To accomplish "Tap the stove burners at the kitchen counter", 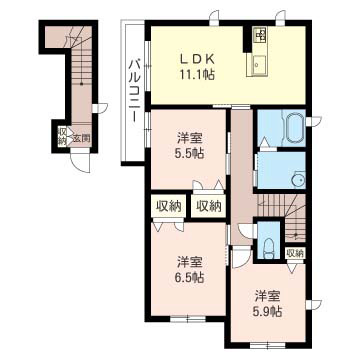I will (262, 36).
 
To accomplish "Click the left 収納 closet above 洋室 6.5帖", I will (168, 207).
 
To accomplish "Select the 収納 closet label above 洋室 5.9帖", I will (293, 253).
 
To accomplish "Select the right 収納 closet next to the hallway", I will (208, 207).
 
